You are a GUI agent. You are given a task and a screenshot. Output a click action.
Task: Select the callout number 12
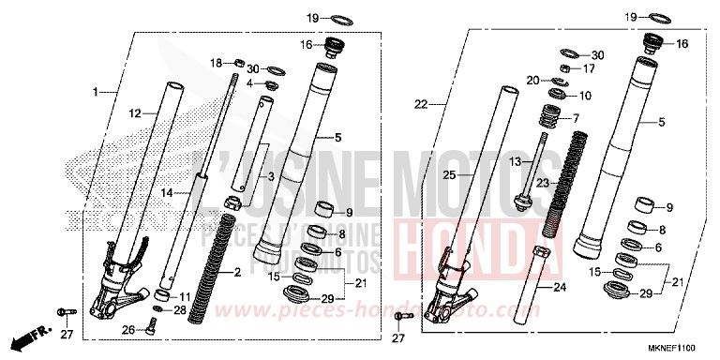(x=135, y=113)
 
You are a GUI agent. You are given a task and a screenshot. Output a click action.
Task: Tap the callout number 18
(x=215, y=63)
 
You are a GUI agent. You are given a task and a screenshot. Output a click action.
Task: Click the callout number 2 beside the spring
(x=238, y=273)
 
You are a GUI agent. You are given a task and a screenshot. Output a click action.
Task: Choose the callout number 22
(x=421, y=103)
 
